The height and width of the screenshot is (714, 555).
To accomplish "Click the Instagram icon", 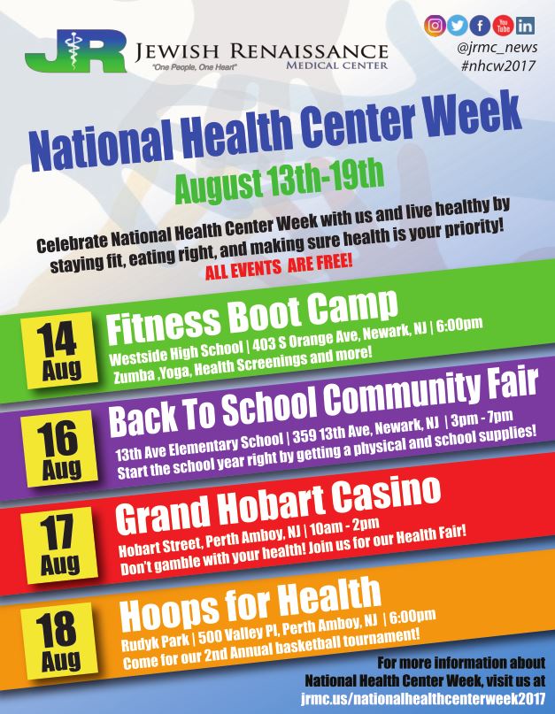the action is (435, 26).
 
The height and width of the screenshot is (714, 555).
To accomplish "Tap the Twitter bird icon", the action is (457, 26).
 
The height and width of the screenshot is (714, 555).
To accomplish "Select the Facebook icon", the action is (480, 26).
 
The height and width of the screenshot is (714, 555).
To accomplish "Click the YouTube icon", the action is (503, 26).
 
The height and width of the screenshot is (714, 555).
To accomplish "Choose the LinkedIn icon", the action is (525, 26).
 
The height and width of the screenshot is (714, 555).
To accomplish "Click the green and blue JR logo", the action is (75, 51).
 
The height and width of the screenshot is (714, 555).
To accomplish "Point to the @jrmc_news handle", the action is (497, 48).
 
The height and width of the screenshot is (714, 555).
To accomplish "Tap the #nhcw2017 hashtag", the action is (497, 66).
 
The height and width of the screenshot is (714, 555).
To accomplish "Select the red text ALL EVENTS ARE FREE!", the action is (279, 266).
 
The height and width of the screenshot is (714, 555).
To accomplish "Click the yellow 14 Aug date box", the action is (60, 349).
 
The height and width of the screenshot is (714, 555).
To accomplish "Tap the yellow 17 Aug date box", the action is (59, 545).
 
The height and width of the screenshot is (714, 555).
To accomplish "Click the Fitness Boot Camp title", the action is (252, 317).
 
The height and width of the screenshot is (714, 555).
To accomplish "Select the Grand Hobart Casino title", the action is (278, 505).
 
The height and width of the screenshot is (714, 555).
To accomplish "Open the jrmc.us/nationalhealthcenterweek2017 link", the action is (423, 699).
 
